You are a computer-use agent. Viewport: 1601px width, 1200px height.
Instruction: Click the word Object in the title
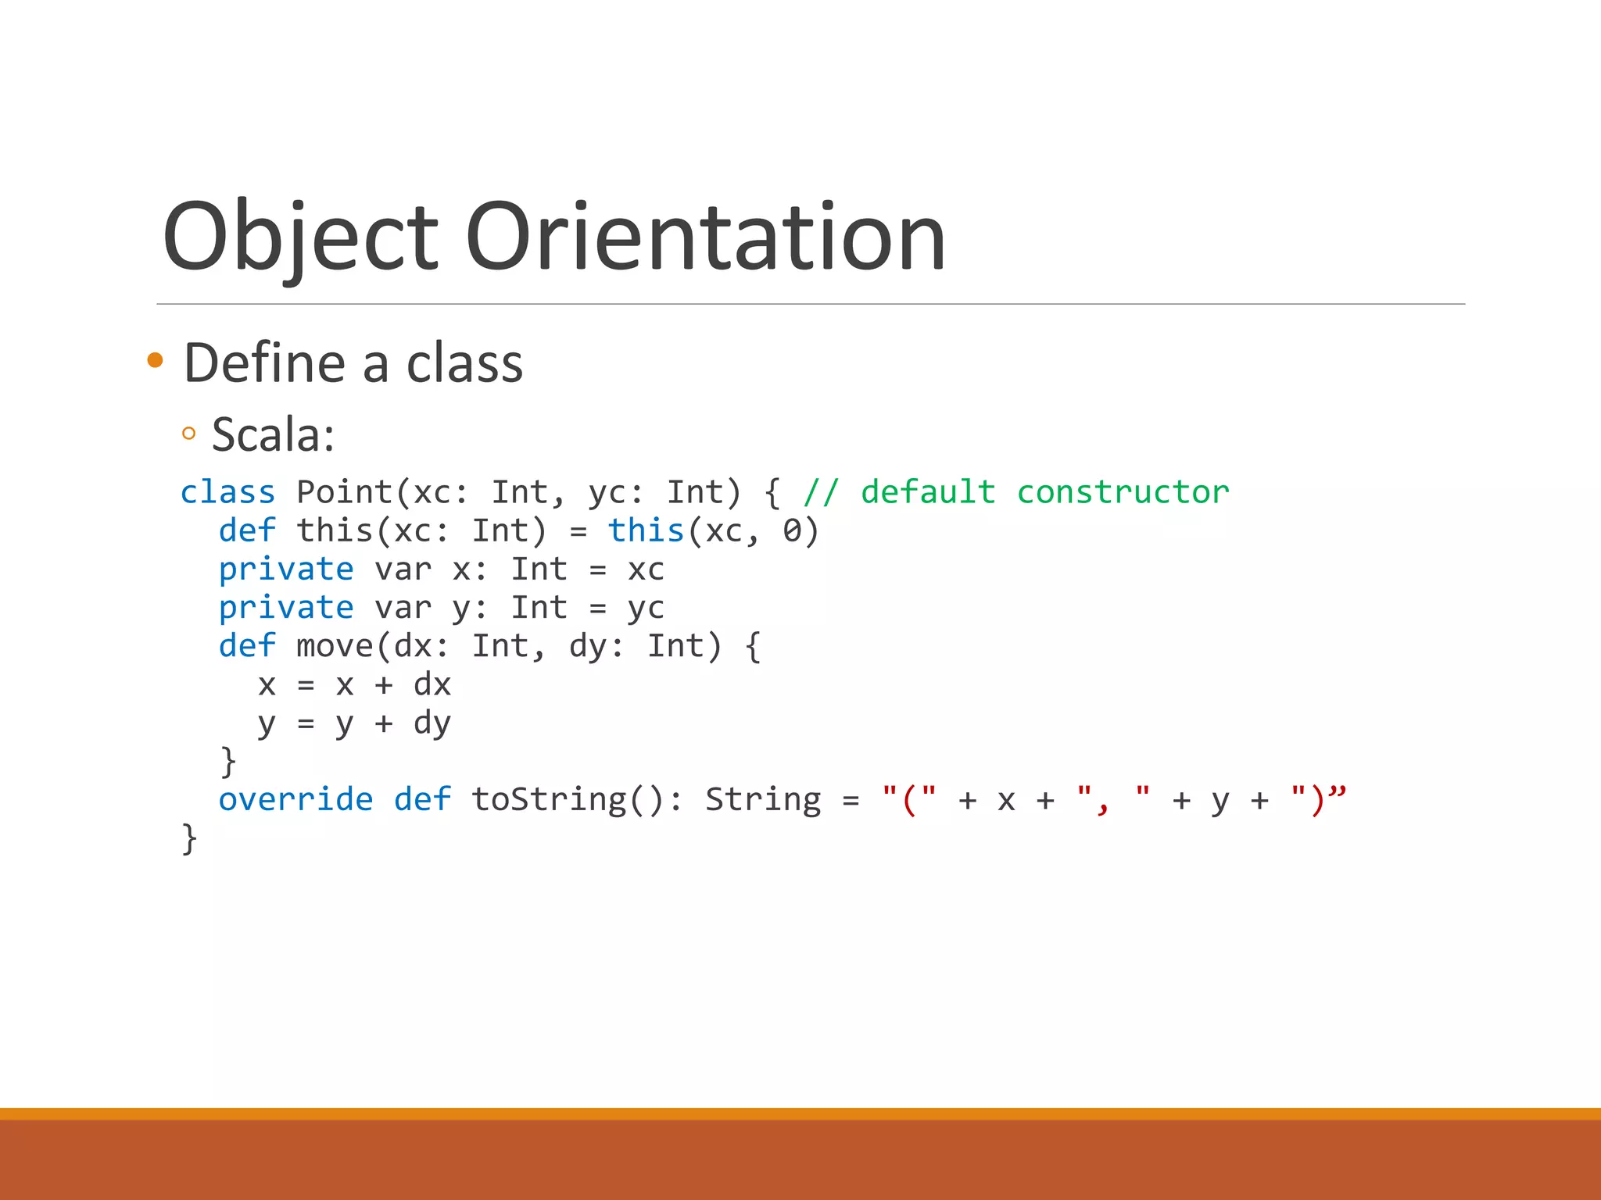(300, 237)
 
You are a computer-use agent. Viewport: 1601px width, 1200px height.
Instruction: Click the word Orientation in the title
(705, 237)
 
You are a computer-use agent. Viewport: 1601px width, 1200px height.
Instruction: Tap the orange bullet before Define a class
(155, 360)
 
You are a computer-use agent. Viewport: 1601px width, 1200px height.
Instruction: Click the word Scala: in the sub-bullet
(273, 434)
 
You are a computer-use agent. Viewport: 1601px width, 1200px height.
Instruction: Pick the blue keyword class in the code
(227, 492)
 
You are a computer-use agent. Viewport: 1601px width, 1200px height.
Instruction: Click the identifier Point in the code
(345, 492)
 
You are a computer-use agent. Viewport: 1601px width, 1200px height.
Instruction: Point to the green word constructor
(1123, 492)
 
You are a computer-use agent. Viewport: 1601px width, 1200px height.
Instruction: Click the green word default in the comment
(928, 492)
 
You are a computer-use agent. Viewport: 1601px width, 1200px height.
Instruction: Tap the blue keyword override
(295, 799)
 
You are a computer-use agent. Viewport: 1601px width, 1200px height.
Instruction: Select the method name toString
(549, 799)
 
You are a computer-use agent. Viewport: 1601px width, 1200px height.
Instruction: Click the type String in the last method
(763, 799)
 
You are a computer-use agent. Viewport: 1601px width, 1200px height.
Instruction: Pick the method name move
(335, 646)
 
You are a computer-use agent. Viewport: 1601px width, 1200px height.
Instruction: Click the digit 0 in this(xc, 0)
(792, 531)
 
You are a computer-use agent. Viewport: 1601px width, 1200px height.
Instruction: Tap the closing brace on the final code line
(189, 839)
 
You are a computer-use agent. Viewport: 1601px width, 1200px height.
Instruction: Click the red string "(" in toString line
(908, 799)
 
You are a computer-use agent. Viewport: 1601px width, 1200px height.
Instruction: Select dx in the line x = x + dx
(432, 685)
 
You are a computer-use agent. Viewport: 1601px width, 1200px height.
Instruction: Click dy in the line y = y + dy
(432, 724)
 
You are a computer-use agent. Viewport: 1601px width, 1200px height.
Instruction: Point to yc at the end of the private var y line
(646, 609)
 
